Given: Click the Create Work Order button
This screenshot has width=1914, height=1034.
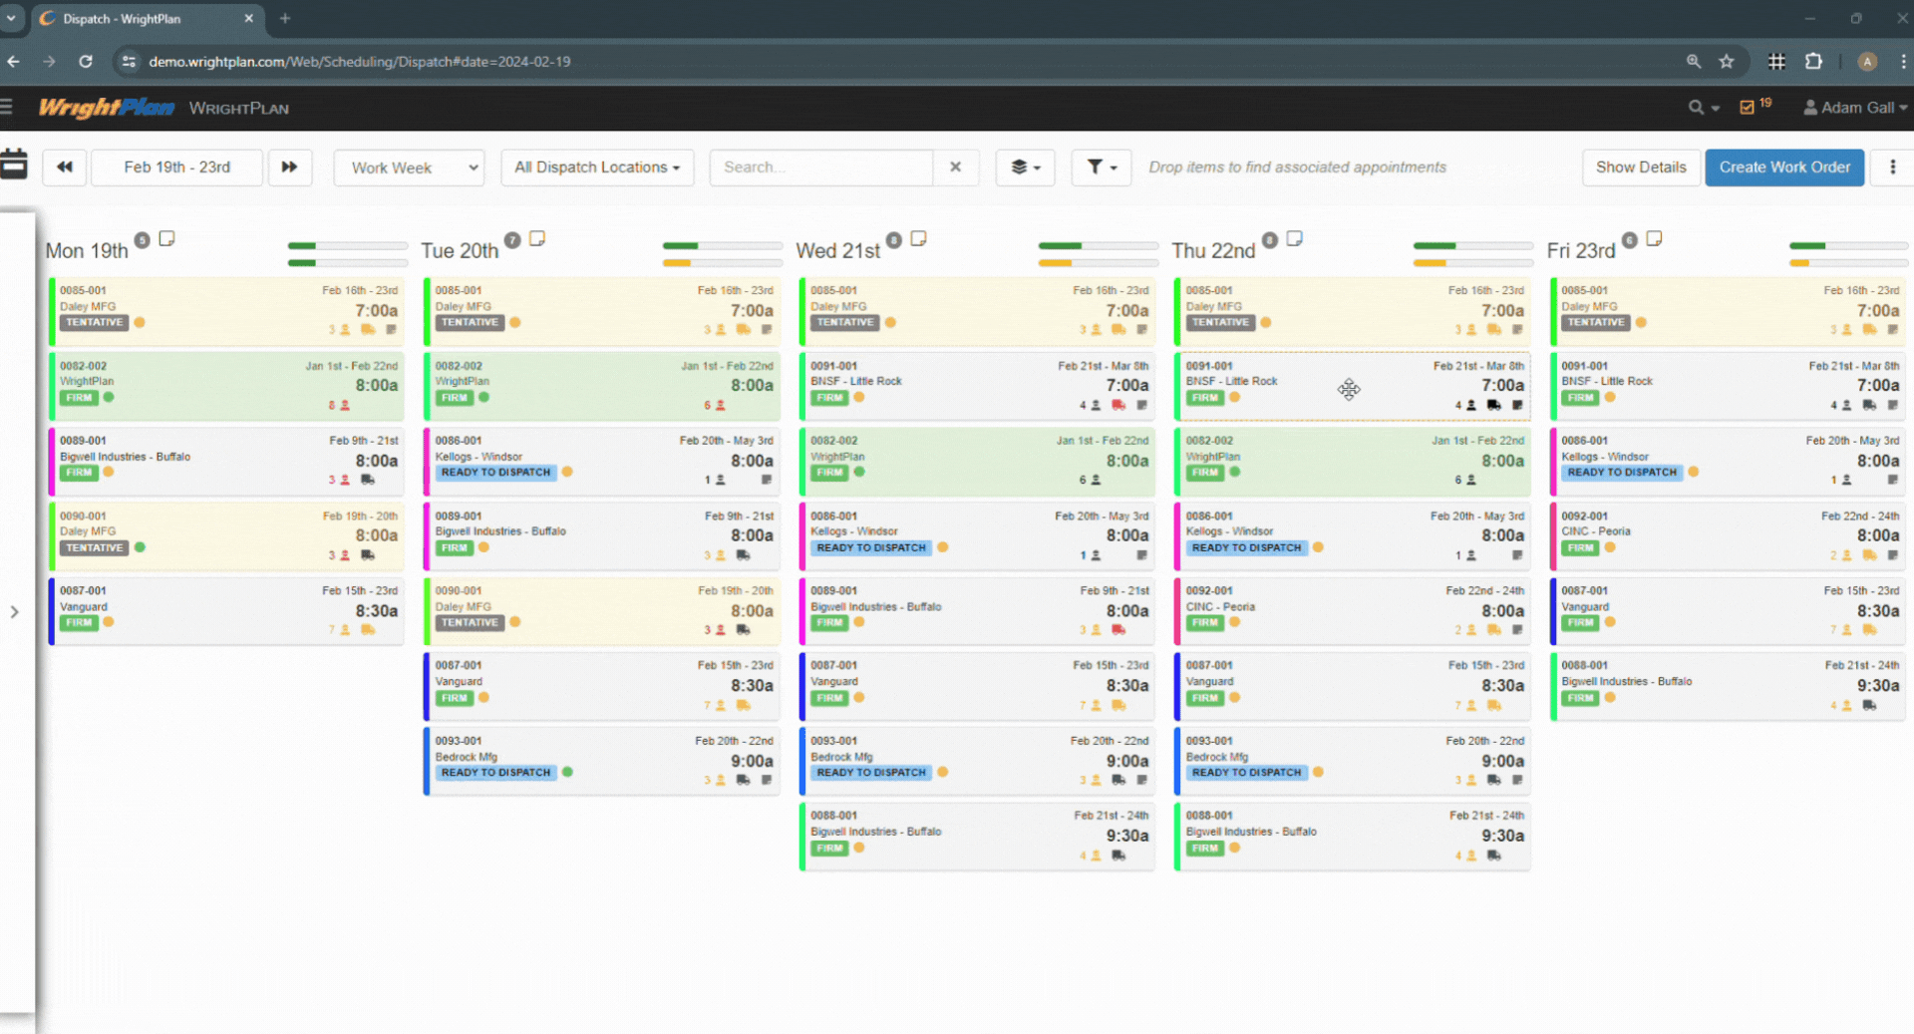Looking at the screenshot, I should coord(1783,168).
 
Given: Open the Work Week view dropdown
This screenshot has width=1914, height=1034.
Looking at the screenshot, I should coord(409,168).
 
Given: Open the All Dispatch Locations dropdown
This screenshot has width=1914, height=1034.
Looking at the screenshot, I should coord(596,168).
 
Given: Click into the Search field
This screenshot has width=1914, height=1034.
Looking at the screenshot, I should coord(820,168).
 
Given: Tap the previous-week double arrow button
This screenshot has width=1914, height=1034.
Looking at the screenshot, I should coord(65,168).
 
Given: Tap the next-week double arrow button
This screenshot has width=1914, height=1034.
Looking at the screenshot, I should coord(289,168).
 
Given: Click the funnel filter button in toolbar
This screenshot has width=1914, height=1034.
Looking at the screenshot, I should coord(1101,168).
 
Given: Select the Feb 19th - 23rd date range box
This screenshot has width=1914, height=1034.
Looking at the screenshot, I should coord(177,168).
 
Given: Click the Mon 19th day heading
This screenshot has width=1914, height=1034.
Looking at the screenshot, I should coord(87,251).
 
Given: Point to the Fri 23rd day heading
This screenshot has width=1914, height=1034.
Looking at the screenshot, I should coord(1580,251).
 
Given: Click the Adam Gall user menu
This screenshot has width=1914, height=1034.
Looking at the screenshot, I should coord(1854,108).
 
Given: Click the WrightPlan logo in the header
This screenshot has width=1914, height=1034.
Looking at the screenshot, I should coord(107,108).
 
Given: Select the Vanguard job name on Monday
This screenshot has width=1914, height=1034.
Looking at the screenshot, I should coord(84,606).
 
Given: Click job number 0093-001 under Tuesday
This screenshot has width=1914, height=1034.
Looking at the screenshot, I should coord(459,741).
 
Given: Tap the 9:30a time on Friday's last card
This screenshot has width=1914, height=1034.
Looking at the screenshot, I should coord(1877,686).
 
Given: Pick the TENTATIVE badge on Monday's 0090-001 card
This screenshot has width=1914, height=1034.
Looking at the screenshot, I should coord(95,547).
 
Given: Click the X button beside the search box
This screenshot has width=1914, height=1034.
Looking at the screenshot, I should coord(955,168).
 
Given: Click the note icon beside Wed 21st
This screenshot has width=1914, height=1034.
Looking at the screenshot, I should coord(918,239).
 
